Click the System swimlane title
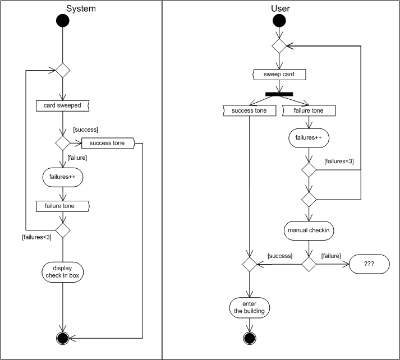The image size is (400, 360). (81, 8)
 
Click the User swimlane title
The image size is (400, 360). (280, 8)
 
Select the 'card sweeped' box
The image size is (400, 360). (62, 105)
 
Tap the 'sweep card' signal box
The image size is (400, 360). (279, 74)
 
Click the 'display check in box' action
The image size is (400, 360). (62, 271)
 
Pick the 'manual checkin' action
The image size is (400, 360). (309, 230)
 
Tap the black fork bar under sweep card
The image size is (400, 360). (279, 93)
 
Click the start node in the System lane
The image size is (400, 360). (62, 21)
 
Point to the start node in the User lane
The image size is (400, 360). (279, 21)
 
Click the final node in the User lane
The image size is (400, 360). (250, 338)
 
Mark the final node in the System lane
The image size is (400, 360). (62, 338)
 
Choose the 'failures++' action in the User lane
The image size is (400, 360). (309, 137)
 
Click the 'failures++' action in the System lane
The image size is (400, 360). (62, 177)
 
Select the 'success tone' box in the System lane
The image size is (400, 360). (109, 143)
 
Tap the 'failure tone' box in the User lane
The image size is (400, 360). (309, 110)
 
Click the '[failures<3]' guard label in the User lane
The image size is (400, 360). (339, 161)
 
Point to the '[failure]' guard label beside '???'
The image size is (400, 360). (330, 256)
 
